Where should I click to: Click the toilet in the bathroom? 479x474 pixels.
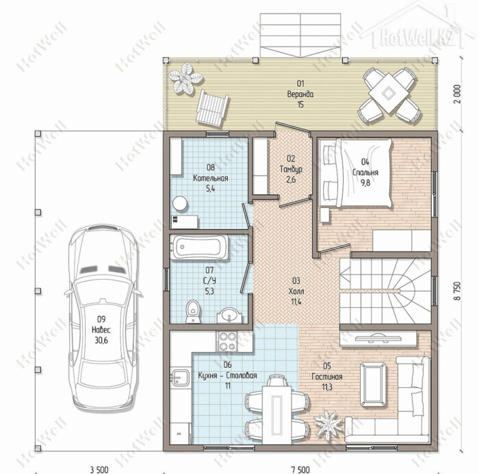(x=193, y=311)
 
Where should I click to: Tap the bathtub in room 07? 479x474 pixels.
(x=199, y=247)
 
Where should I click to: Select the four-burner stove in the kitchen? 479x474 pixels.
(x=227, y=341)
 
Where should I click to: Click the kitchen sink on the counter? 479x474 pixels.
(x=180, y=378)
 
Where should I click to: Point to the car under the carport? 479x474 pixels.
(x=103, y=317)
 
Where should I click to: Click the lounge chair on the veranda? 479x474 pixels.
(x=212, y=107)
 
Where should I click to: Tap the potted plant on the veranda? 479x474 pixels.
(x=185, y=78)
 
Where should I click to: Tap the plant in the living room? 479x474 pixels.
(x=328, y=425)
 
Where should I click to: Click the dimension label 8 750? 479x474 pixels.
(x=457, y=291)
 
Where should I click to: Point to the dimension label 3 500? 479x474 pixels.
(x=99, y=469)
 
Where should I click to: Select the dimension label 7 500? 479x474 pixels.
(x=300, y=469)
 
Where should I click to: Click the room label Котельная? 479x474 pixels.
(x=211, y=179)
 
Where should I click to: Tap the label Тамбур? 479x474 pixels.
(x=291, y=169)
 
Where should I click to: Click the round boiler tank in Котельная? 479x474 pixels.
(x=179, y=203)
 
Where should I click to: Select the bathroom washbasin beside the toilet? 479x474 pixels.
(x=229, y=315)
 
